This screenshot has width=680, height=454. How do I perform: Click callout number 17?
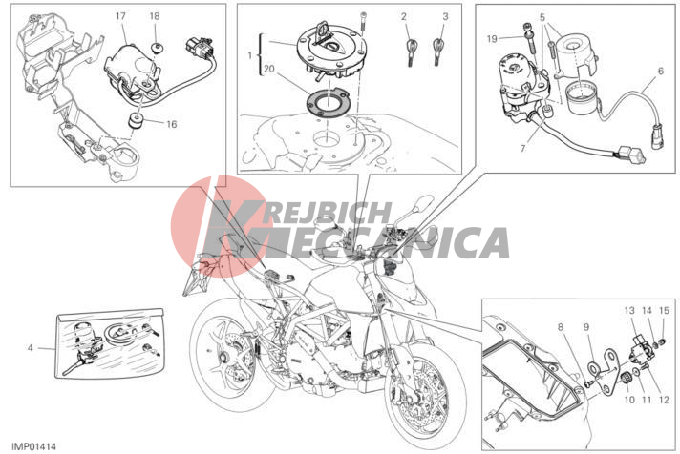pos(120,16)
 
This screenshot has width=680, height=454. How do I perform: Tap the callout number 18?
pos(155,16)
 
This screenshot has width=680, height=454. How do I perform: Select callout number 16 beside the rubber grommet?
pos(172,124)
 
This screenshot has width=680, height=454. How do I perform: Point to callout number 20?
pos(269,69)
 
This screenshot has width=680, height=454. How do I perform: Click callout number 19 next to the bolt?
pos(491,39)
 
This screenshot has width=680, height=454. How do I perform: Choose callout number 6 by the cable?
pos(661,71)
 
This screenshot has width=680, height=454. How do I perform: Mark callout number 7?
pos(522,149)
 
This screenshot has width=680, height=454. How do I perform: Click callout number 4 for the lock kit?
pos(30,347)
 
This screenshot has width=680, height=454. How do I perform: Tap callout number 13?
pos(629,311)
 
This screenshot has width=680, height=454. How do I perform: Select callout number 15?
pos(664,311)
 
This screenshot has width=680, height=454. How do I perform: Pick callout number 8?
pos(561,327)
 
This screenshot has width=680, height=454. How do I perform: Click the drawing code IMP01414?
pos(33,446)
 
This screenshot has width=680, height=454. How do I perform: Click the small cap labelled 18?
pos(156,48)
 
